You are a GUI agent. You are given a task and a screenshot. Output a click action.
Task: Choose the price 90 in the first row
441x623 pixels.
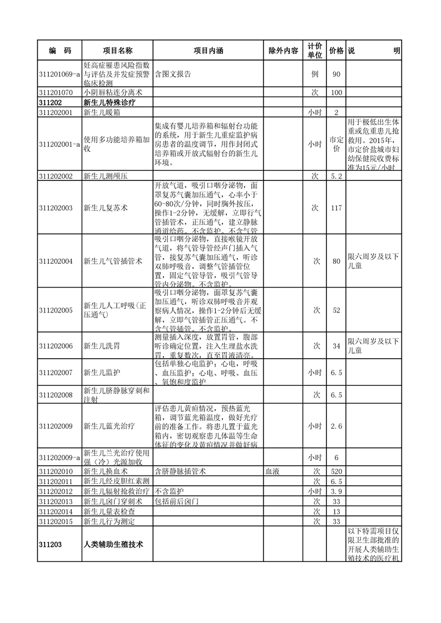(x=336, y=74)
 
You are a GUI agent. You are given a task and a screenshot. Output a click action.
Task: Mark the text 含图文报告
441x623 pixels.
(x=173, y=74)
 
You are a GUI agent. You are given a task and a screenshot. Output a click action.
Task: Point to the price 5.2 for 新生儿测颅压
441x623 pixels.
(x=336, y=176)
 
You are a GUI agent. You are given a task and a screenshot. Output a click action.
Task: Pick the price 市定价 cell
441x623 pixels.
(x=336, y=144)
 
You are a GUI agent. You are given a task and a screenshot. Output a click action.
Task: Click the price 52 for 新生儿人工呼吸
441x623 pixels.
(x=336, y=310)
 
